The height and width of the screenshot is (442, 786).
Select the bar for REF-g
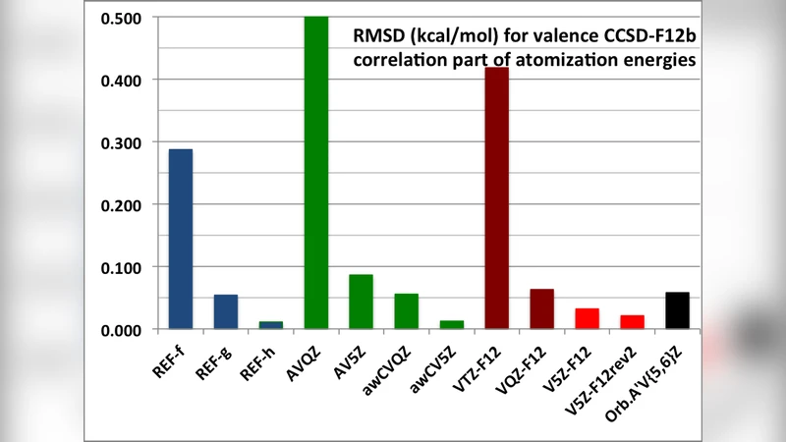[x=226, y=311]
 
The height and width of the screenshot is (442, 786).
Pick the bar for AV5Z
[x=362, y=302]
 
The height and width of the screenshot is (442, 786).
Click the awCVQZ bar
[x=407, y=310]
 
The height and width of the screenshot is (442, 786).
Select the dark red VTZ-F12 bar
[x=497, y=197]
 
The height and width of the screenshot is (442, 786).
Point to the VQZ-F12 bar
[x=542, y=308]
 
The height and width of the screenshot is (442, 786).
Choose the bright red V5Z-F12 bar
[x=588, y=318]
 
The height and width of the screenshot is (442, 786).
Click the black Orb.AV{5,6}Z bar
[x=677, y=310]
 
